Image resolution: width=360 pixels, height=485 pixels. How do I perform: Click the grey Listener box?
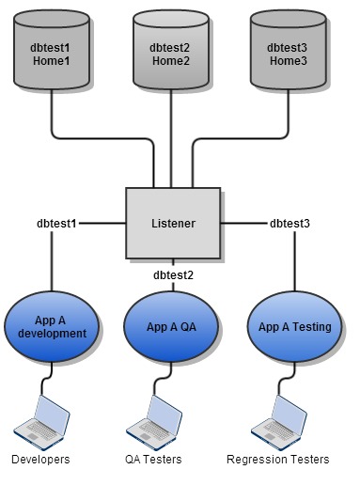pos(173,224)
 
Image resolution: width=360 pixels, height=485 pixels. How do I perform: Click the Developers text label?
pos(40,460)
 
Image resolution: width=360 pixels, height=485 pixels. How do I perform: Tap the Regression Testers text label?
pos(278,460)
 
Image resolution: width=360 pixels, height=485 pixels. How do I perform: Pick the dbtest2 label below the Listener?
pos(173,275)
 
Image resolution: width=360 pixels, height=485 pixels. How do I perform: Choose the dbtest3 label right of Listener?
pos(290,224)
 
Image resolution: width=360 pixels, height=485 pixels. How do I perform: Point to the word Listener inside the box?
pos(173,224)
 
